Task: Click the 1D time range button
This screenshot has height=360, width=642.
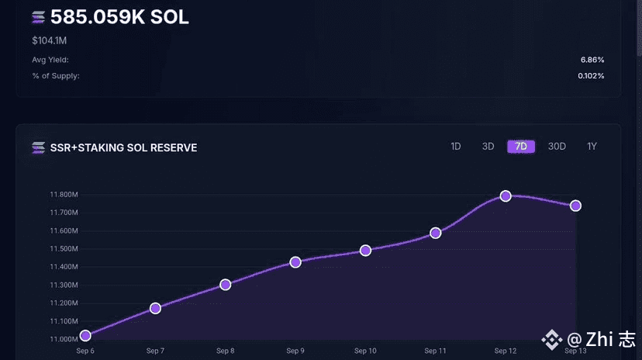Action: tap(456, 147)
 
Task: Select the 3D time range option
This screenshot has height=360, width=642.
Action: tap(488, 147)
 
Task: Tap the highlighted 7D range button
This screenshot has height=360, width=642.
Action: tap(521, 147)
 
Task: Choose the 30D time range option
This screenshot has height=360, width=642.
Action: tap(557, 147)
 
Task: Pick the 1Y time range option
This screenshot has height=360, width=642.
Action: tap(592, 147)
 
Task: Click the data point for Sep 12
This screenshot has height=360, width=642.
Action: tap(506, 196)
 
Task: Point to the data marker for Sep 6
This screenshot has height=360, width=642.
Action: tap(85, 336)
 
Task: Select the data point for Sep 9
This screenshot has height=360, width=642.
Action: tap(295, 262)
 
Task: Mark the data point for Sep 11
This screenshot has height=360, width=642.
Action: tap(436, 233)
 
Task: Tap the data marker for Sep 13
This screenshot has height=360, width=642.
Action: tap(575, 206)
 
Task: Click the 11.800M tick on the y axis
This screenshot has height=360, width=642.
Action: tap(63, 195)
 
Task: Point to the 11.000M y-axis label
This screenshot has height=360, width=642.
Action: tap(63, 339)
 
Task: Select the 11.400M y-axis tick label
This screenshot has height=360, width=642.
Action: tap(63, 267)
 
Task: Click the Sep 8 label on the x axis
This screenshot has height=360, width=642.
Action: tap(226, 351)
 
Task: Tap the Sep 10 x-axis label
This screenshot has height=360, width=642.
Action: tap(365, 351)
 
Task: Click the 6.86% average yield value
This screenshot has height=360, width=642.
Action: tap(592, 60)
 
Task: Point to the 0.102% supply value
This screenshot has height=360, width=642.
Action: tap(591, 76)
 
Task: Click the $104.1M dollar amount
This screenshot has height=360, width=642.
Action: tap(49, 40)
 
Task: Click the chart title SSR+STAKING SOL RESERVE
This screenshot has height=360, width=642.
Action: tap(123, 147)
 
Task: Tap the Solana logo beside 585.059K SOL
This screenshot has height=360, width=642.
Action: tap(38, 17)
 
